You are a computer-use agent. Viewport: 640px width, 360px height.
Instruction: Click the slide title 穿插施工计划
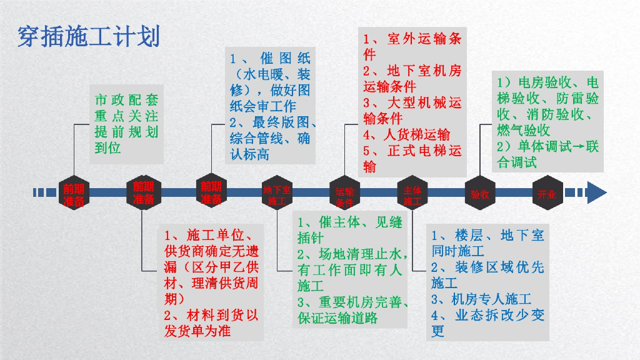(x=89, y=37)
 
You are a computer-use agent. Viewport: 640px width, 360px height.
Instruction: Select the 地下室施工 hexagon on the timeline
(x=276, y=194)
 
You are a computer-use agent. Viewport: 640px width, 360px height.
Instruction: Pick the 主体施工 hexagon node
(x=412, y=194)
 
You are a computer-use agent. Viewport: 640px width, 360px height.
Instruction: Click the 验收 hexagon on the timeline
(x=480, y=194)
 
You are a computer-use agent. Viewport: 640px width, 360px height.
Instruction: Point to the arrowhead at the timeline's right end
(x=596, y=192)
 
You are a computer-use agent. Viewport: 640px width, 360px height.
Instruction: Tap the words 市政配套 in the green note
(x=126, y=100)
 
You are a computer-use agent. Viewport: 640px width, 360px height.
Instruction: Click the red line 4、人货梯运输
(x=407, y=134)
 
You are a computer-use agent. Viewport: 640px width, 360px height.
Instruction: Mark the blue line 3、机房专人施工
(x=481, y=299)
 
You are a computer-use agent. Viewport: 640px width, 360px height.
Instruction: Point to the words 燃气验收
(x=524, y=131)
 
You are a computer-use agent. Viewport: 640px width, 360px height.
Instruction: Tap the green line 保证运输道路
(x=337, y=317)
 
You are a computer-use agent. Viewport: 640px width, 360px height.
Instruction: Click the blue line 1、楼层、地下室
(x=487, y=236)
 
